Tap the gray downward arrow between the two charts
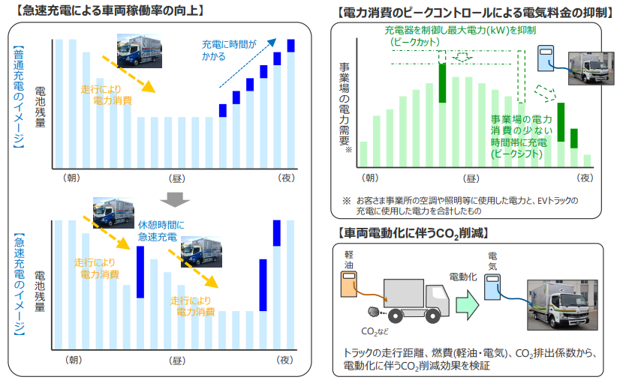click(174, 199)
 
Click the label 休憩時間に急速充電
click(158, 231)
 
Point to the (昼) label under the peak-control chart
click(471, 178)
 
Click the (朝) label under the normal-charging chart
click(72, 178)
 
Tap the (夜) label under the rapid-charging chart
click(286, 359)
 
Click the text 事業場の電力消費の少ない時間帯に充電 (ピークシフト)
click(521, 136)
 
